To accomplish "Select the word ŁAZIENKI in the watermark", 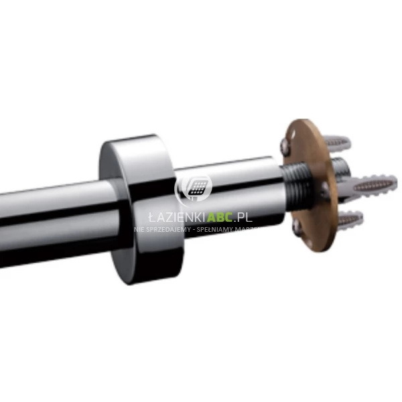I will [x=170, y=218].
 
